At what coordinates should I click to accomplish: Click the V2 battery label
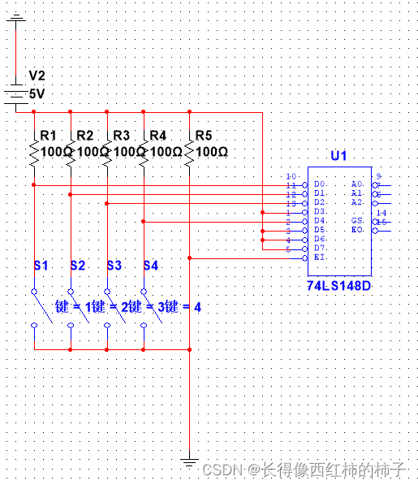(x=37, y=76)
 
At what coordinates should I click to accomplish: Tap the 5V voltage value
(x=37, y=93)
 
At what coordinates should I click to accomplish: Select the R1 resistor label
(x=48, y=135)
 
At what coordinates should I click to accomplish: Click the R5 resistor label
(x=205, y=135)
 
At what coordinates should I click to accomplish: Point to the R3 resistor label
(x=120, y=135)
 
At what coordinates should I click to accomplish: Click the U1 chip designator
(x=338, y=156)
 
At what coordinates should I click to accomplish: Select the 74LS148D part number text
(x=338, y=287)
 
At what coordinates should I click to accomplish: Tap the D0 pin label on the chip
(x=321, y=185)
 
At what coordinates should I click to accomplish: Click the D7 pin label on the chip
(x=321, y=248)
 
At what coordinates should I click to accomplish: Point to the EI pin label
(x=320, y=257)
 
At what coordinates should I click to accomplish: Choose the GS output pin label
(x=357, y=221)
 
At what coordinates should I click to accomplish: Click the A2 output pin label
(x=357, y=202)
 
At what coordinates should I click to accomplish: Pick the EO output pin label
(x=357, y=231)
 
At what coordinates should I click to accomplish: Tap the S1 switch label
(x=41, y=265)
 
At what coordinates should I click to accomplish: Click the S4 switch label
(x=151, y=265)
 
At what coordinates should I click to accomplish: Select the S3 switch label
(x=114, y=265)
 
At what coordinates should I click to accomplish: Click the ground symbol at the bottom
(x=189, y=464)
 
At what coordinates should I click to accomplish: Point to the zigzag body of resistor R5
(x=189, y=154)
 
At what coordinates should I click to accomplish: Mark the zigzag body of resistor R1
(x=34, y=154)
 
